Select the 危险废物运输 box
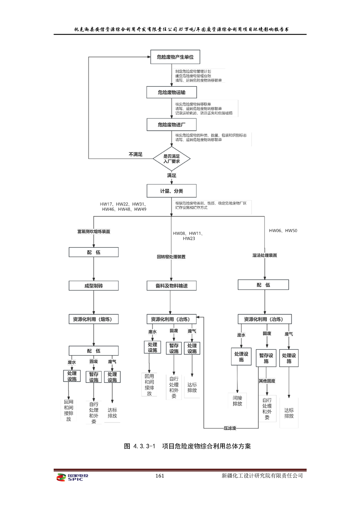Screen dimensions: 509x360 pos(172,93)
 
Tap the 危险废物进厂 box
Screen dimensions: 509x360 pos(172,124)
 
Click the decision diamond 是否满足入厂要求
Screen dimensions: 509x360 pos(172,158)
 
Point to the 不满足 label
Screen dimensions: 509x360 pos(135,154)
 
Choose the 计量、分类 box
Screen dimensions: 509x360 pos(172,191)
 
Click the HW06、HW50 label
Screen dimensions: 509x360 pos(283,231)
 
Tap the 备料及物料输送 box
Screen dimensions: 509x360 pos(171,286)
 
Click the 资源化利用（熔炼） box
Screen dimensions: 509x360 pos(94,319)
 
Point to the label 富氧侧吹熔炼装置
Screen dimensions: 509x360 pos(93,231)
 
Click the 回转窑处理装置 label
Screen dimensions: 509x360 pos(171,257)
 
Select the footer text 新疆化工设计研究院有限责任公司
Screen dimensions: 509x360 pos(262,476)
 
